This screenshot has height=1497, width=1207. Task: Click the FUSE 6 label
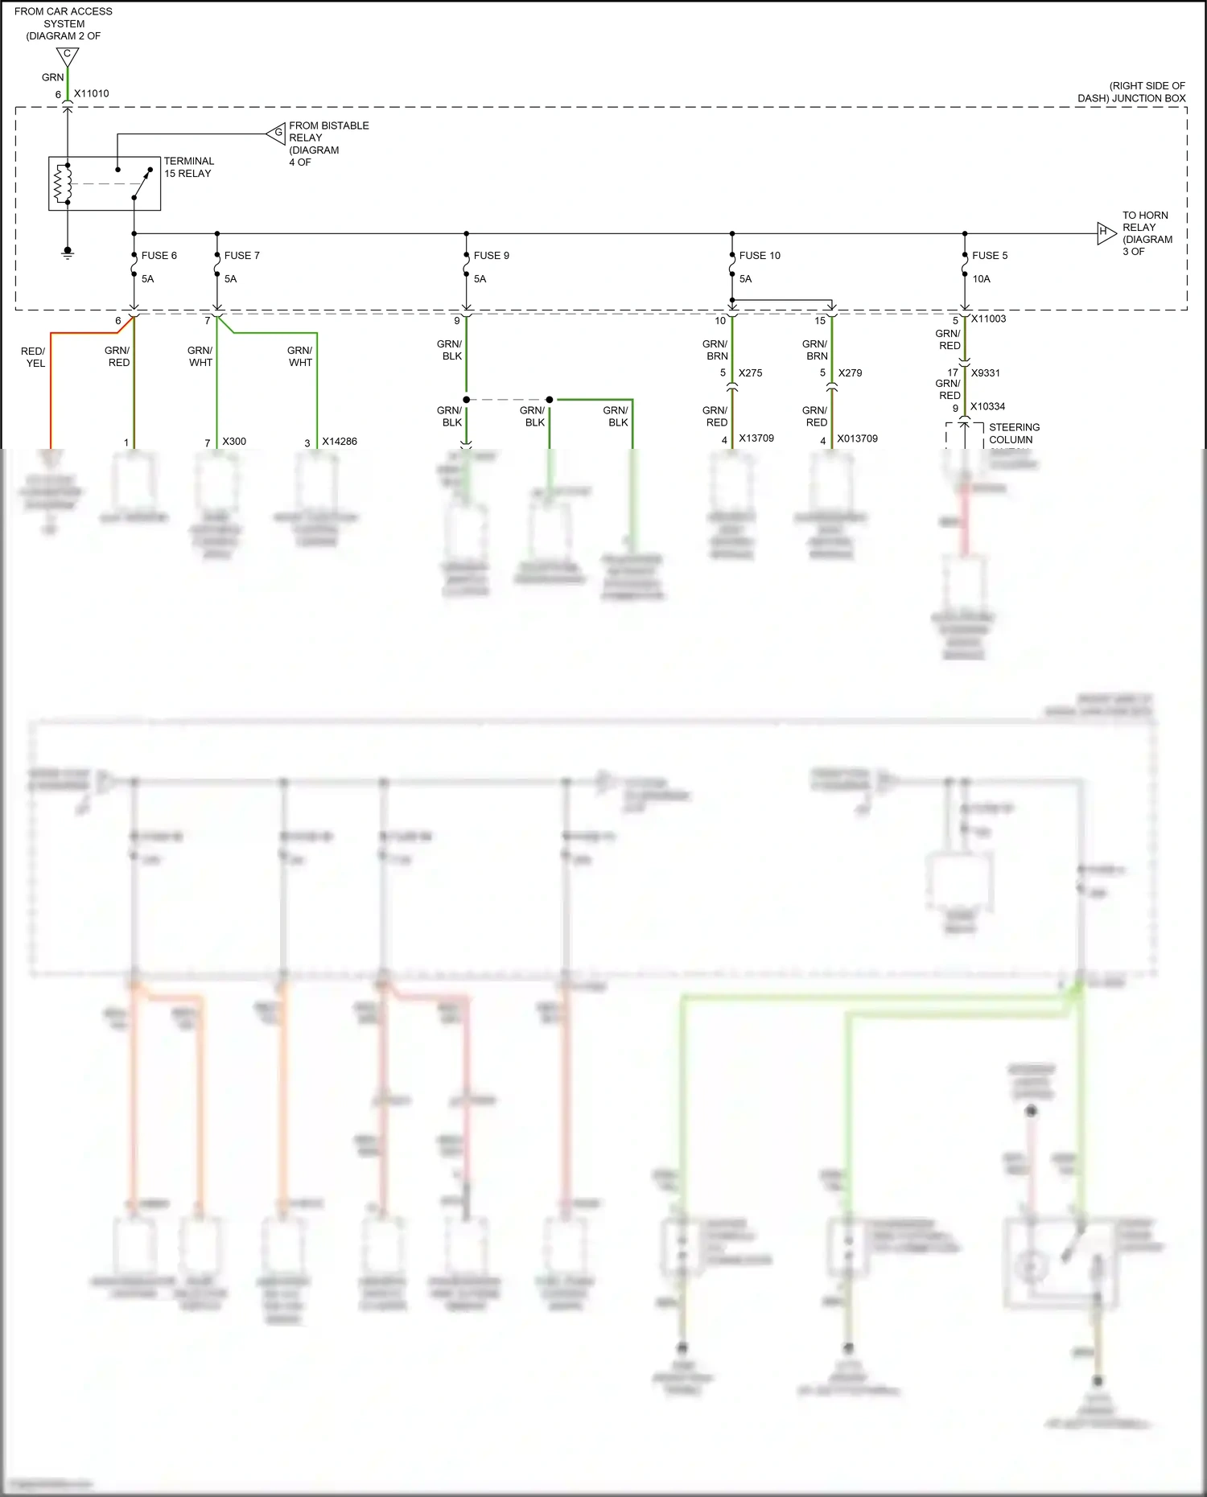159,256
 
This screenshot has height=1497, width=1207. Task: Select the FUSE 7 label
241,256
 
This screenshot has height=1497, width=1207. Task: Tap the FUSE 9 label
491,256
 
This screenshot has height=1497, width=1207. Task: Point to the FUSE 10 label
759,256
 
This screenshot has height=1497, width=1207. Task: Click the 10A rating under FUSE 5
981,279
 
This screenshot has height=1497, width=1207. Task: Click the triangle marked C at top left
68,56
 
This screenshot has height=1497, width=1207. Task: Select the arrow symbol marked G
276,133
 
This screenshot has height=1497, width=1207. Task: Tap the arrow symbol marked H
1106,233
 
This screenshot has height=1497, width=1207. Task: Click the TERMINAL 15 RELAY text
188,167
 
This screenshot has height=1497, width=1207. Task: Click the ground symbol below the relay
68,253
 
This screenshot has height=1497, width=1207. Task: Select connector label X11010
91,93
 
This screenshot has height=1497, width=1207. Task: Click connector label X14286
339,442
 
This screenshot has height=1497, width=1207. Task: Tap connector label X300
234,442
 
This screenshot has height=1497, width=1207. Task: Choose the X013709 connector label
857,438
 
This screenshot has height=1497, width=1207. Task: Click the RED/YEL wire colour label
33,357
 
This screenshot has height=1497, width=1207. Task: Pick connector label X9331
985,373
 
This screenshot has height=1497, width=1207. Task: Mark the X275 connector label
750,373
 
